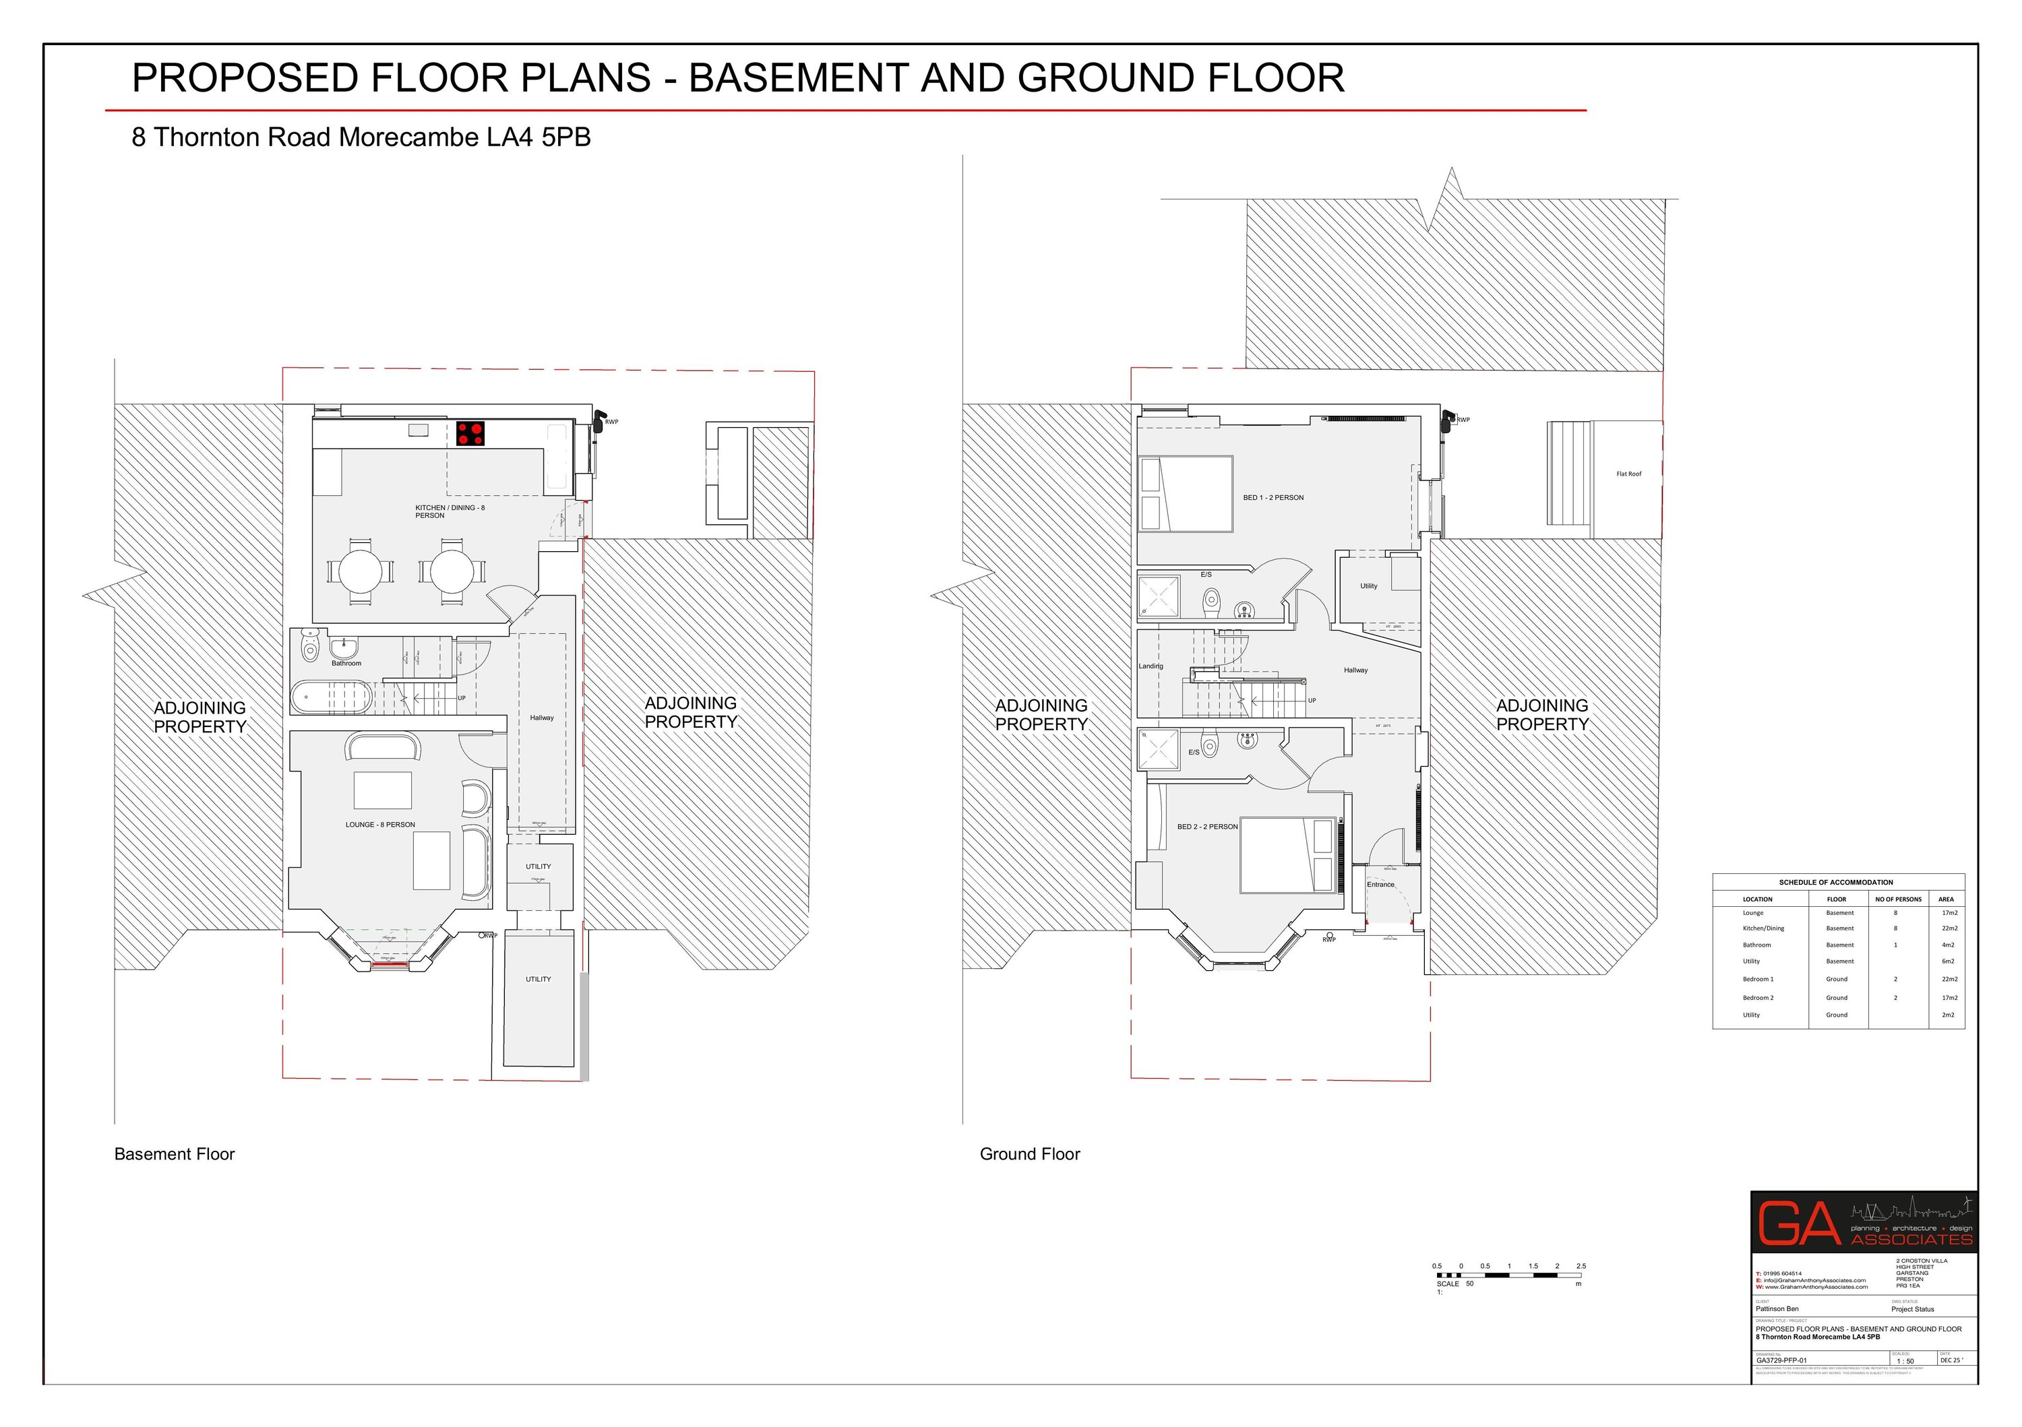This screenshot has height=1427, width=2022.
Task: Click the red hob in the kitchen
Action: (470, 433)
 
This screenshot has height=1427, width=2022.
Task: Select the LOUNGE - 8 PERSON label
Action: (379, 825)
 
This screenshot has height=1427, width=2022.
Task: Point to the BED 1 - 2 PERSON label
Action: (1273, 497)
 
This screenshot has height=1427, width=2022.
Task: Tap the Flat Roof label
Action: (1628, 474)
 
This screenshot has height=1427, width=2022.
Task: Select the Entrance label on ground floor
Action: (1380, 884)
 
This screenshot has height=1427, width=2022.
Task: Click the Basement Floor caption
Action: (175, 1154)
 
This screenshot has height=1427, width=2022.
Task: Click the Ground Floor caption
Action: (1029, 1154)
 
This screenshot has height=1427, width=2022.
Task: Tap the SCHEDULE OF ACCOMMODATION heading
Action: (1835, 882)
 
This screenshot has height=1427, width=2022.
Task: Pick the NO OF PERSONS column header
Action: (1898, 899)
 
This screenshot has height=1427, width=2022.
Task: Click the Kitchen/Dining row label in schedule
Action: (1763, 928)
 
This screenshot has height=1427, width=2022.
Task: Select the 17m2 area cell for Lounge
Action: (1950, 913)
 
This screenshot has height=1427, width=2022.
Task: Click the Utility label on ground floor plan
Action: (1368, 585)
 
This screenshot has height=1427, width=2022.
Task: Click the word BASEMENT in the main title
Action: (799, 77)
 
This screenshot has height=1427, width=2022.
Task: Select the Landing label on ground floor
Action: (1150, 666)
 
